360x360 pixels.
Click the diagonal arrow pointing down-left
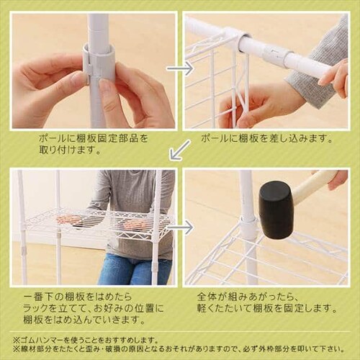click(180, 150)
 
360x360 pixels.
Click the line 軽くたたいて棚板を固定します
click(266, 307)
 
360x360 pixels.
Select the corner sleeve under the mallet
click(248, 230)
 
